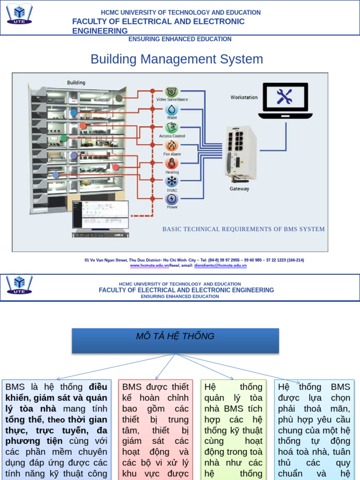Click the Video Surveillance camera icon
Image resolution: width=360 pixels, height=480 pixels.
(x=172, y=91)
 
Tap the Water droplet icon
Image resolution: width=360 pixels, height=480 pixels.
(x=172, y=109)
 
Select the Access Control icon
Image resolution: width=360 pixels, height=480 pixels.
(x=172, y=127)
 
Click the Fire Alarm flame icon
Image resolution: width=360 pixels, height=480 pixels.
(x=172, y=145)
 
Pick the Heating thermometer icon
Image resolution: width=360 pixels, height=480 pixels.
(x=172, y=164)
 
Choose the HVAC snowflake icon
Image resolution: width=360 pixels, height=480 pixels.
(x=172, y=181)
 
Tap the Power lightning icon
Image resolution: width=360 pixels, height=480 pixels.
(x=172, y=199)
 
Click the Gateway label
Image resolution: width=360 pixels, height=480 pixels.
(x=239, y=189)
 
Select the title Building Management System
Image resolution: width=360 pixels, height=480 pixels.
(x=177, y=59)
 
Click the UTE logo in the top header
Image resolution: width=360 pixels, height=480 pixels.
(x=19, y=15)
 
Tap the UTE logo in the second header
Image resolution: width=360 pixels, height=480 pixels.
(x=19, y=284)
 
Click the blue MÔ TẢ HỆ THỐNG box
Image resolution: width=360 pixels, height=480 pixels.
(x=175, y=341)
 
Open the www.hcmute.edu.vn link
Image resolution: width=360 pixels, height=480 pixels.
(x=149, y=266)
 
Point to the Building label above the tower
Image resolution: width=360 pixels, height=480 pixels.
(x=76, y=82)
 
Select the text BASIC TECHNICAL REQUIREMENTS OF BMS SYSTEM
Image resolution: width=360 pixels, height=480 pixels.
(x=243, y=229)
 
